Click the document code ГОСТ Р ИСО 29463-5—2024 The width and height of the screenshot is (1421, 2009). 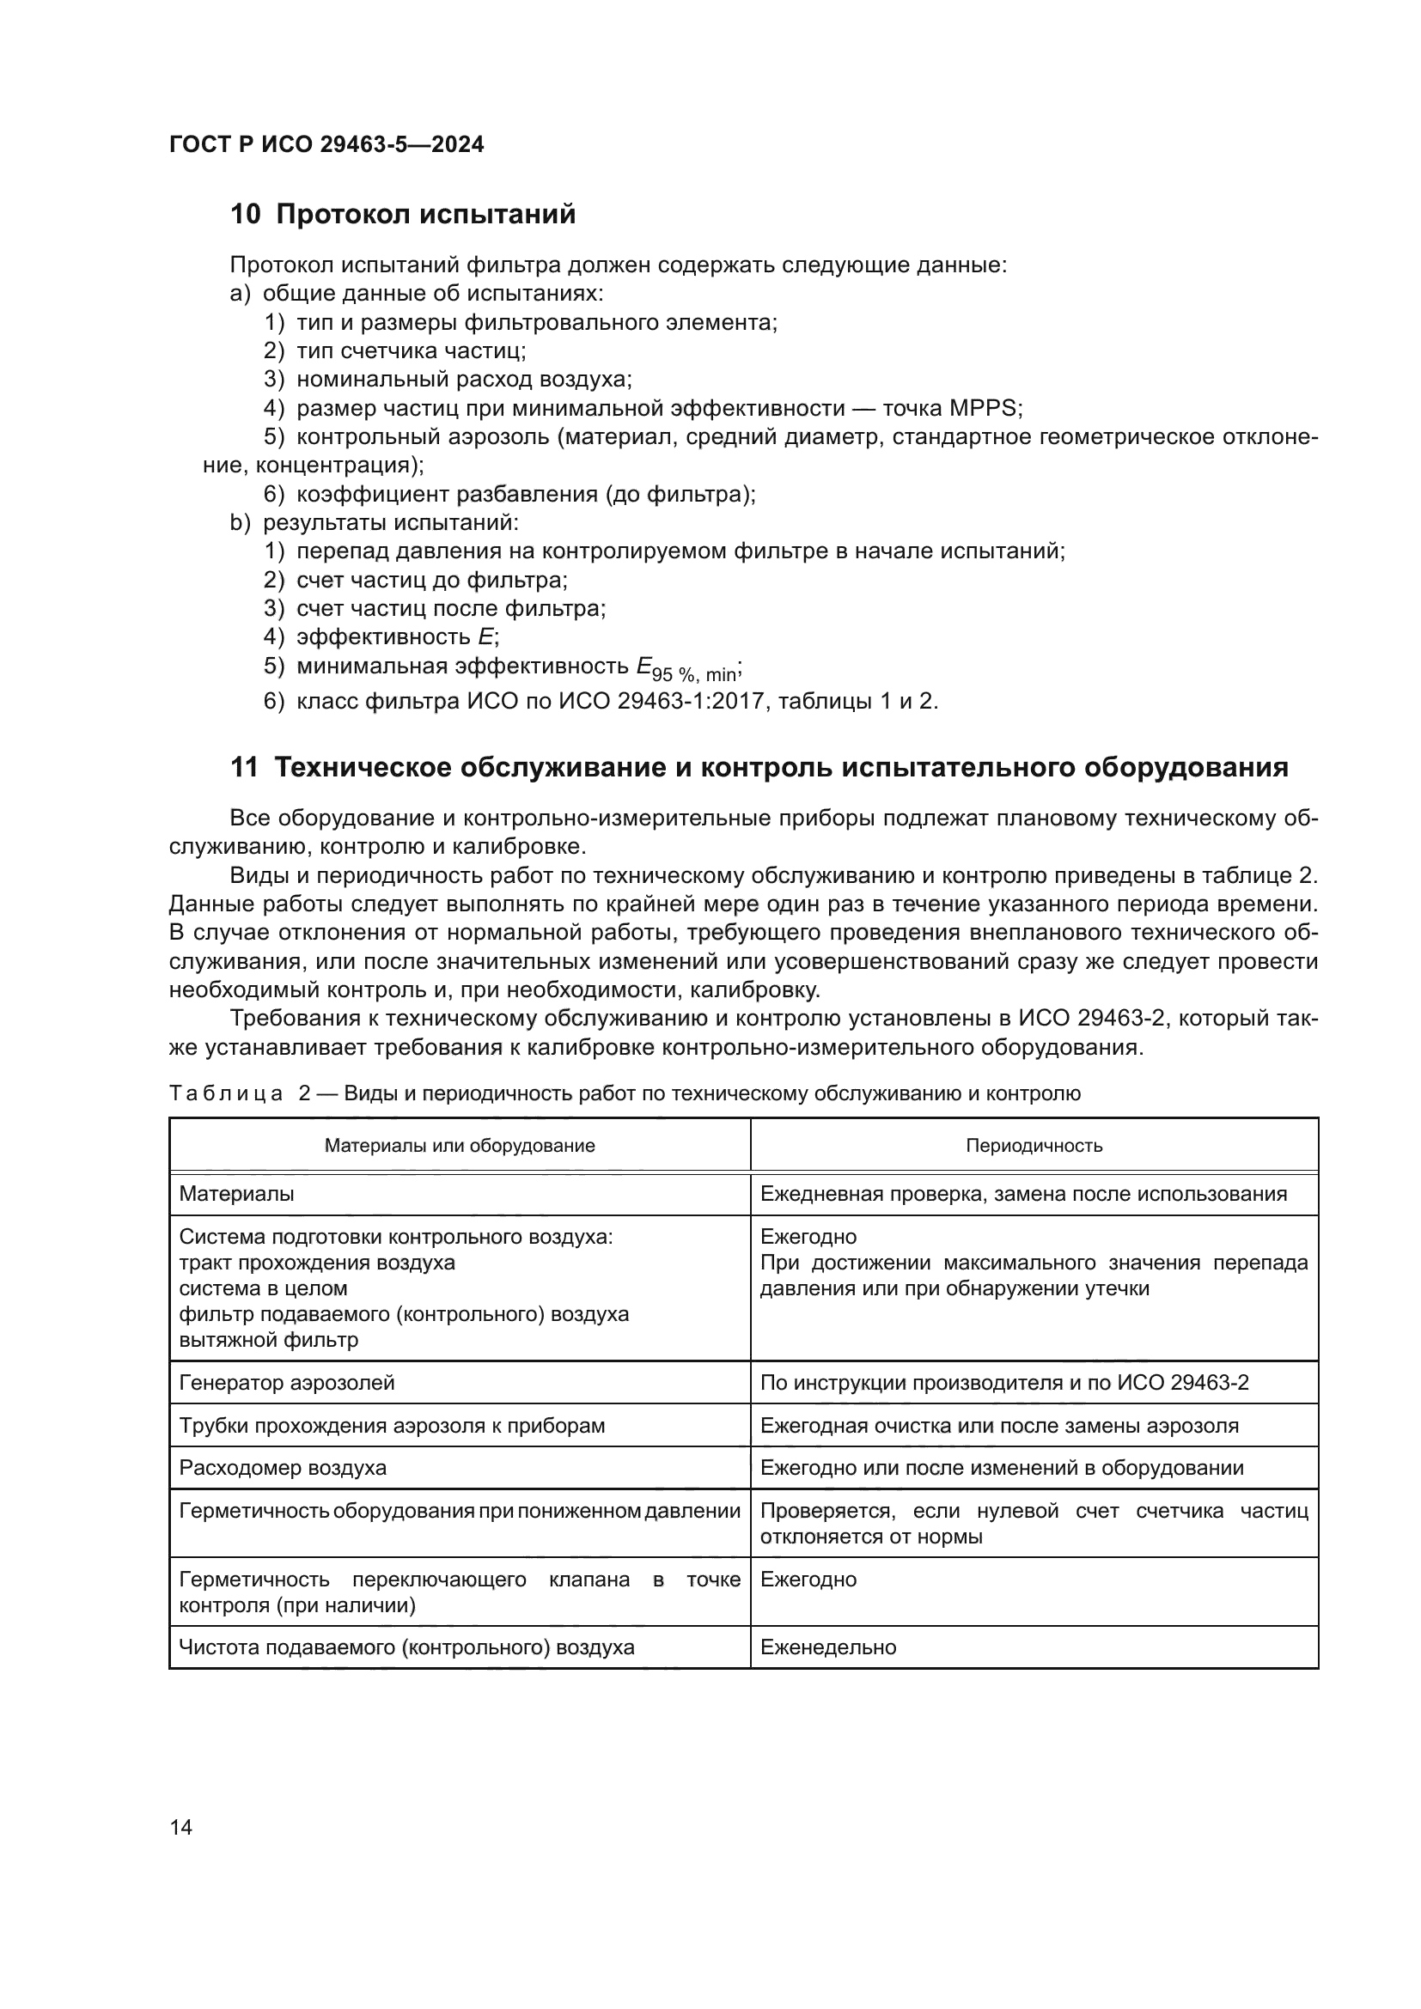[326, 144]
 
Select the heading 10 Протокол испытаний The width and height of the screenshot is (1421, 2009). [402, 215]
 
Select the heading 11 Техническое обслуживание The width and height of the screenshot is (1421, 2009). [759, 767]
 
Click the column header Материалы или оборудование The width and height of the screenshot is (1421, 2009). [460, 1147]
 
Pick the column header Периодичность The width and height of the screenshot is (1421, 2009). [1034, 1147]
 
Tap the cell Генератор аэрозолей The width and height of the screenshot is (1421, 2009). [287, 1383]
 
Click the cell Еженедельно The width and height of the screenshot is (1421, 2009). [827, 1647]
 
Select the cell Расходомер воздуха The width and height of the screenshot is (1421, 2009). [283, 1467]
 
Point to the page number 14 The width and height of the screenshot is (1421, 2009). [181, 1827]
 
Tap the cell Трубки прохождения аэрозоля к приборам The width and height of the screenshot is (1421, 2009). [391, 1426]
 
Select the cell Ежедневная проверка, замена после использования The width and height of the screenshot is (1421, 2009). [1023, 1194]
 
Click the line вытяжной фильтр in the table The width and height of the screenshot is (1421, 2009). [269, 1340]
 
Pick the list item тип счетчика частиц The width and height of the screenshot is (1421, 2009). [411, 351]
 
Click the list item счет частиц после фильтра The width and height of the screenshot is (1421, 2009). [451, 608]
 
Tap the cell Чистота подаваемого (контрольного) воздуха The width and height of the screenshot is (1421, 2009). [406, 1647]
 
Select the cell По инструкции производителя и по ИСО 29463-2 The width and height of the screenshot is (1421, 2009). [1003, 1383]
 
